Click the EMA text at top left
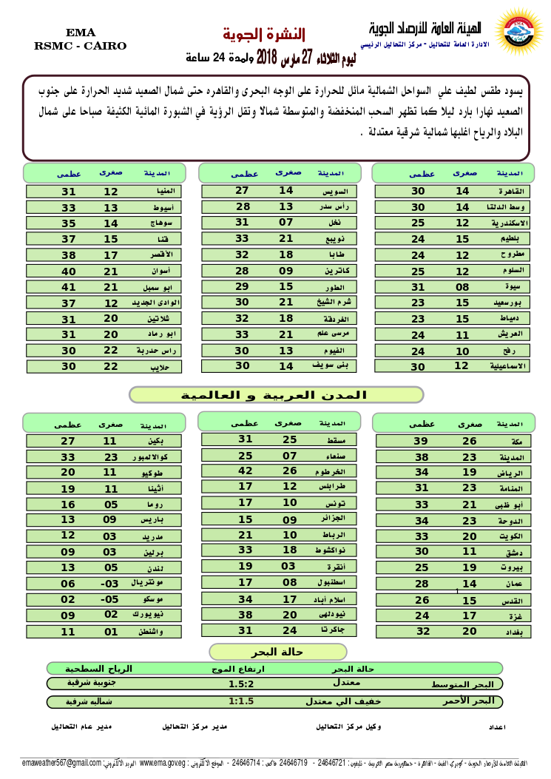pos(81,33)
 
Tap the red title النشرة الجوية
pos(264,35)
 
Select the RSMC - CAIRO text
pos(81,46)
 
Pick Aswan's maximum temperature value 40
pos(69,271)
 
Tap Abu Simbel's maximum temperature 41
pos(69,287)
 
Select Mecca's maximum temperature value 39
pos(421,441)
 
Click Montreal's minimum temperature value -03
pos(109,583)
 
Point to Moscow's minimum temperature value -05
pos(109,599)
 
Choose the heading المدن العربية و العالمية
pos(277,395)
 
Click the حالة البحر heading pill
pos(277,652)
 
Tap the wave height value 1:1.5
pos(241,701)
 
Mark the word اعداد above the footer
pos(497,727)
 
